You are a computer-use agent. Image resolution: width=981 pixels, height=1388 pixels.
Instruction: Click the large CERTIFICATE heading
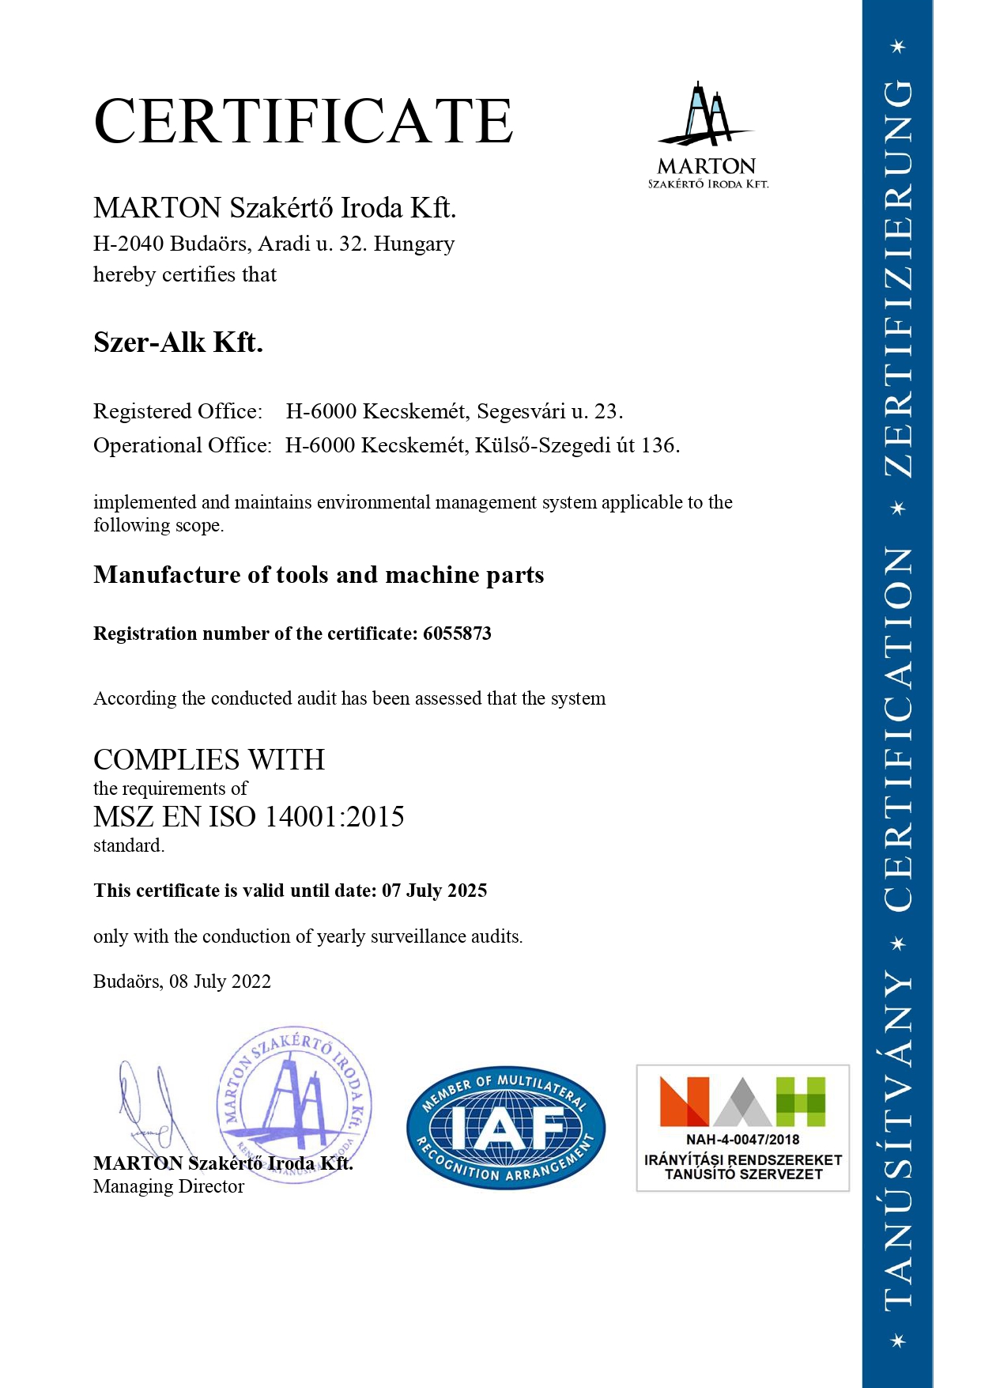[x=304, y=121]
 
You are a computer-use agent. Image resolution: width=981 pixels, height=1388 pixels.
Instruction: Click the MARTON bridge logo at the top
[x=707, y=134]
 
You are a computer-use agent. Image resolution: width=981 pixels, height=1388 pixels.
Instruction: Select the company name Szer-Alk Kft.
[x=178, y=342]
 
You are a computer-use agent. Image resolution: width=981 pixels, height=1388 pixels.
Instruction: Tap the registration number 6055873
[x=457, y=633]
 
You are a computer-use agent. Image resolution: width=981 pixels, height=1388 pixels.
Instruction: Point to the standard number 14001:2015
[x=334, y=816]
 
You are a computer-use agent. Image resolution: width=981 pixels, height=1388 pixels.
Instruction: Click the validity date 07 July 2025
[x=434, y=891]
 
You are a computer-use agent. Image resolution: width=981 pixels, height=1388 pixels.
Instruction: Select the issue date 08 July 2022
[x=220, y=981]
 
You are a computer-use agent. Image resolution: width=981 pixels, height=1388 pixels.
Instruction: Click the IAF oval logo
[x=506, y=1127]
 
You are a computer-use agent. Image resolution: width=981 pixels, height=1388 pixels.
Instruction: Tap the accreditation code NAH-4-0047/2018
[x=742, y=1140]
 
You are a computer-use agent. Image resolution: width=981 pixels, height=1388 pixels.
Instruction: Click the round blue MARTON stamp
[x=294, y=1104]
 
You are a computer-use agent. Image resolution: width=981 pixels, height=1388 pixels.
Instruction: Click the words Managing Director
[x=168, y=1186]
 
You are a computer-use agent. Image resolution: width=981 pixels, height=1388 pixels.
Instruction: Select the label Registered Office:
[x=178, y=411]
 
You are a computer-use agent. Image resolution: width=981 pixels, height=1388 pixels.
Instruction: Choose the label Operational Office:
[x=183, y=445]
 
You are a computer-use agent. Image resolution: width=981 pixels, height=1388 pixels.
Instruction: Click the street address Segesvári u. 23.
[x=550, y=411]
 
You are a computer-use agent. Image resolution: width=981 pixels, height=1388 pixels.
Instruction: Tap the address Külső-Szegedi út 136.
[x=577, y=445]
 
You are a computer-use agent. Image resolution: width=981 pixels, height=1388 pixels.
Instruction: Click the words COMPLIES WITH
[x=209, y=760]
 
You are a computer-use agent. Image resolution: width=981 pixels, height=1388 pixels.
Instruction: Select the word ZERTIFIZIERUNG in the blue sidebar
[x=898, y=277]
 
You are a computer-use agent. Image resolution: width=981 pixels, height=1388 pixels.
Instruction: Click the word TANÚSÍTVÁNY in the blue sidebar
[x=898, y=1139]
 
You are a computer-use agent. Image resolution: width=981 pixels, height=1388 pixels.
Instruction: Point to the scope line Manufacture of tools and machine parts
[x=319, y=575]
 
